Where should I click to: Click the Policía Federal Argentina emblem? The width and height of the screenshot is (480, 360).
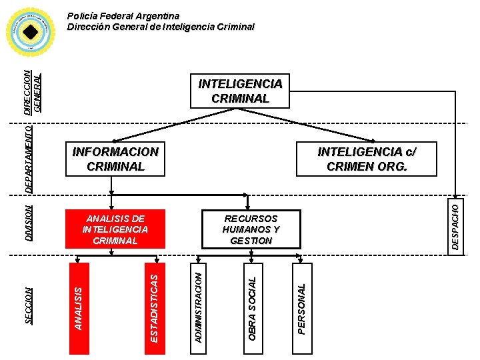pyautogui.click(x=30, y=31)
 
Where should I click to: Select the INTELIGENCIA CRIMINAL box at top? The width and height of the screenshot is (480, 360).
pyautogui.click(x=240, y=91)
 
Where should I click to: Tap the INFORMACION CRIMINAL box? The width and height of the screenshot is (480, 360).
pyautogui.click(x=115, y=159)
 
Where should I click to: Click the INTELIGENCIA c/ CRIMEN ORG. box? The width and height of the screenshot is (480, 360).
pyautogui.click(x=367, y=159)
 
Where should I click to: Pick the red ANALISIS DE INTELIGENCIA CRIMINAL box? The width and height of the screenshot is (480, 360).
pyautogui.click(x=115, y=229)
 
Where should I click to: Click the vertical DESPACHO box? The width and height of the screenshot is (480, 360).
pyautogui.click(x=455, y=227)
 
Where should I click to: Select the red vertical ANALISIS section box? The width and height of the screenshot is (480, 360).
pyautogui.click(x=79, y=307)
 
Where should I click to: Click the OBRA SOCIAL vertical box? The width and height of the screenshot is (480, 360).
pyautogui.click(x=252, y=304)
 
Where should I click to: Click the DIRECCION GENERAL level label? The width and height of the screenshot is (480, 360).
pyautogui.click(x=33, y=91)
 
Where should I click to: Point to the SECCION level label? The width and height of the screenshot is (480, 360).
pyautogui.click(x=29, y=305)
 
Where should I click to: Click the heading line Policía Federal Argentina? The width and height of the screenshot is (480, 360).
pyautogui.click(x=123, y=16)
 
